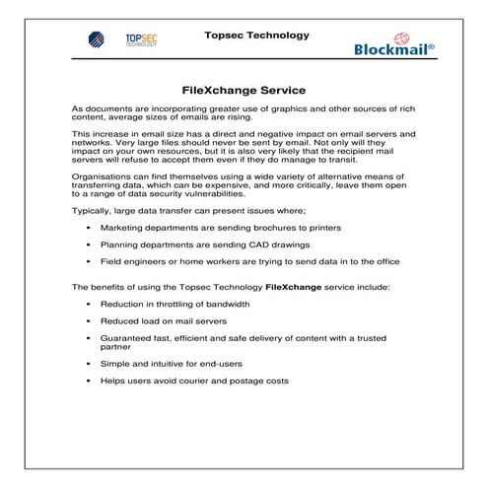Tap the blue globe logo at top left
(x=97, y=42)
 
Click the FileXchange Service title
(x=244, y=89)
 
